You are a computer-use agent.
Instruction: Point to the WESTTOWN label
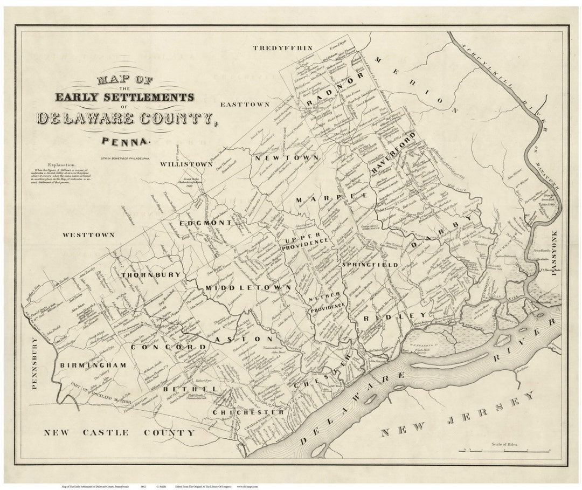pos(88,235)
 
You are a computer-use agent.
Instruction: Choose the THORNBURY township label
pos(150,275)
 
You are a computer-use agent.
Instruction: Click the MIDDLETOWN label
pos(249,288)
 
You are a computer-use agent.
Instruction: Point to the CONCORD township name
pos(162,348)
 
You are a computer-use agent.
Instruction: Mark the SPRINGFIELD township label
pos(369,265)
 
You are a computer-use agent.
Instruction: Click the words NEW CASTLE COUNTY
pos(119,432)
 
